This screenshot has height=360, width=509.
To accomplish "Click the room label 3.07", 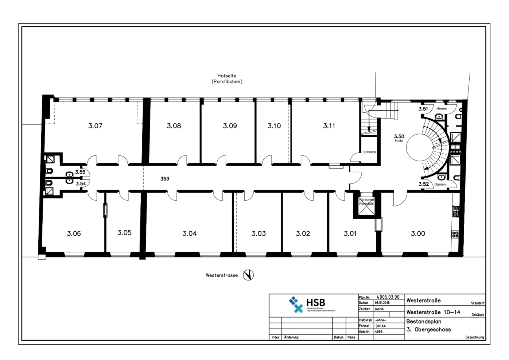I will coord(95,126).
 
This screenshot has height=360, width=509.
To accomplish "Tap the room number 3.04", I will coord(190,233).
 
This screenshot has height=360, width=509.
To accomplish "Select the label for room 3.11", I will coord(329,126).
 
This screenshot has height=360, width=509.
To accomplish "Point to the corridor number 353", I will coord(165,179).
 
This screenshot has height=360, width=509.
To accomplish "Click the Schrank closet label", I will coord(369,152).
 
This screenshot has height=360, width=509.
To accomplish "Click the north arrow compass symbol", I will coord(248,275).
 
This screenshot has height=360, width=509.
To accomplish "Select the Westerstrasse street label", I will coord(222,275).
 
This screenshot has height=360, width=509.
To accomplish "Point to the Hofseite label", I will coord(227,76).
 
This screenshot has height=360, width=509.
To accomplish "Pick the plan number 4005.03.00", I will coord(388,297).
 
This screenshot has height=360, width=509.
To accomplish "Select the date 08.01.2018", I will coord(382,303).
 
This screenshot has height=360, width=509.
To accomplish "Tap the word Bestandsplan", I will coord(424,322).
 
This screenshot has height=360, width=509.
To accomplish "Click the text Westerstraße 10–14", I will coord(433,312).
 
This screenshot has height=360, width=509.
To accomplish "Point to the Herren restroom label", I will coord(442,108).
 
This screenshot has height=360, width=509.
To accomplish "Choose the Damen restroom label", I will coord(440,184).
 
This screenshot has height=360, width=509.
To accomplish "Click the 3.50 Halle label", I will coord(399,138).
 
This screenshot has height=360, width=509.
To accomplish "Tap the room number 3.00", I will coord(418,233).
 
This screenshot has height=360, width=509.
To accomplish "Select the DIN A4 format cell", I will coord(380,326).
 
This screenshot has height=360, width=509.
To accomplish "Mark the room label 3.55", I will coord(80,172).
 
